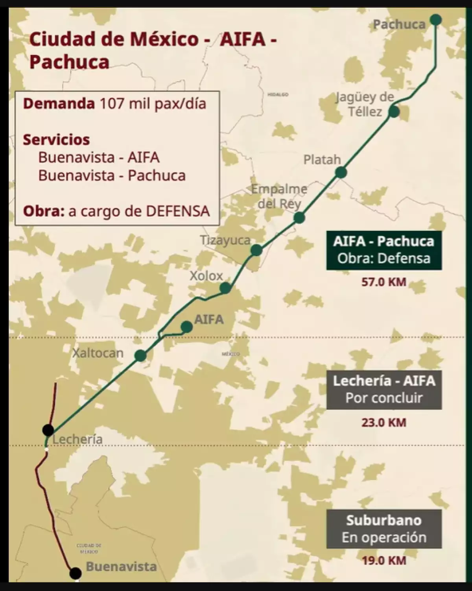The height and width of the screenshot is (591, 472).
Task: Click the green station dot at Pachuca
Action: point(435,19)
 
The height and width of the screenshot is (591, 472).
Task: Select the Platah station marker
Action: point(341,172)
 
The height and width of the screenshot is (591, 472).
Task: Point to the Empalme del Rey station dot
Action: point(299,218)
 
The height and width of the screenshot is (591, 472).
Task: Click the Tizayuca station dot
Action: point(256,250)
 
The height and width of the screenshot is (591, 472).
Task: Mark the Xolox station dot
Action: point(225,288)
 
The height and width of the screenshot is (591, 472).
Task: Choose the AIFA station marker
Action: point(186,327)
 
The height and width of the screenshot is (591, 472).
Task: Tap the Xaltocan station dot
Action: point(140,356)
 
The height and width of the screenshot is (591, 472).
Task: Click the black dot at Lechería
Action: point(48,430)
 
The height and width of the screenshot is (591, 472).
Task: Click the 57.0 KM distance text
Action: point(383,282)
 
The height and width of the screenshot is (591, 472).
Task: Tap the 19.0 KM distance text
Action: point(383,560)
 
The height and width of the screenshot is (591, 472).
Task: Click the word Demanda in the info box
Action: point(59,104)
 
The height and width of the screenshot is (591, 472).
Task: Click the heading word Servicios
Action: point(56,140)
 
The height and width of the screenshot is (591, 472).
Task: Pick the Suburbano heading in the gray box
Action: point(383,520)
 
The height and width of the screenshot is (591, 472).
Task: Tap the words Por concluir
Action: point(383,398)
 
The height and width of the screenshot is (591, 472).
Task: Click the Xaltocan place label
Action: point(98,353)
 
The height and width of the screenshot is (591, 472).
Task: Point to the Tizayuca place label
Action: point(225,240)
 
